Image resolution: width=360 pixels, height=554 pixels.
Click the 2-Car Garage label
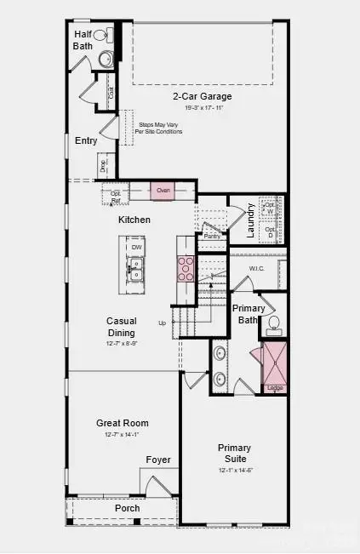202,96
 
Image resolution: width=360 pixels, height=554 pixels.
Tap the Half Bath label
83,40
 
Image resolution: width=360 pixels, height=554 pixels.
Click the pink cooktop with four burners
186,268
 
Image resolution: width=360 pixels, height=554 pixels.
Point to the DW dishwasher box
135,248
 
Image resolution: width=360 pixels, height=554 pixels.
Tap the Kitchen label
134,220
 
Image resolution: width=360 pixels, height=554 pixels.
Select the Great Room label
123,423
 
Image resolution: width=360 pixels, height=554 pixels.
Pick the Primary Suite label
234,453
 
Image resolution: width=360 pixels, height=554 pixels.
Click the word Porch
128,508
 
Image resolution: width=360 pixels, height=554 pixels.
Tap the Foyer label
157,460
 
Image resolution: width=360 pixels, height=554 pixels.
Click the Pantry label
212,236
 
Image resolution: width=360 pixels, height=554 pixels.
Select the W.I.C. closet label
257,269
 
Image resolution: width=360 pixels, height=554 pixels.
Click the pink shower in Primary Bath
275,362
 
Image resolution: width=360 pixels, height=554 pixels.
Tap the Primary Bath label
248,314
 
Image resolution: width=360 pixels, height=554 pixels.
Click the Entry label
86,140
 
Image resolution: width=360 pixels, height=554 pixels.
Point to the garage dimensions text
202,108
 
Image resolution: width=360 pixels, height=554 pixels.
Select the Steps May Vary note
158,128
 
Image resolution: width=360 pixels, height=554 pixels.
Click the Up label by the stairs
162,323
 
